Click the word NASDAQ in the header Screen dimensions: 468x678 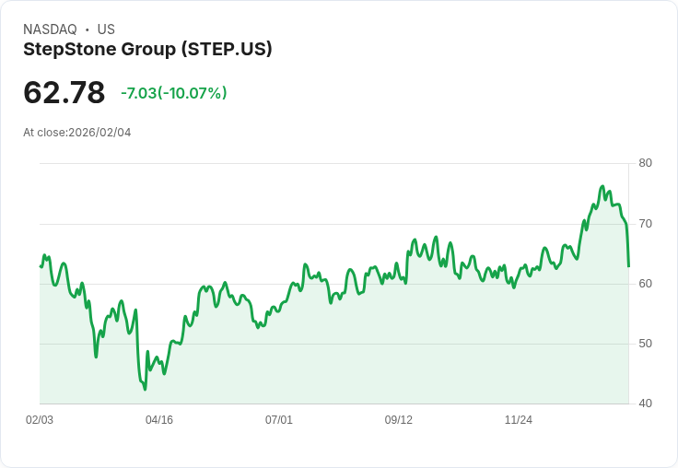tap(50, 29)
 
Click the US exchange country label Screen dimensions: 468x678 tap(106, 29)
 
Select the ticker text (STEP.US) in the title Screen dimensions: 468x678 tap(228, 50)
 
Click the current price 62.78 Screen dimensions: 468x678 tap(64, 93)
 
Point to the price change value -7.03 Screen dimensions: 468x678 tap(138, 93)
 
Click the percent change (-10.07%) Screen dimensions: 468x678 tap(193, 93)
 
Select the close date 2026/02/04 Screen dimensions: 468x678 tap(99, 133)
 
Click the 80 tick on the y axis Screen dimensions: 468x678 tap(645, 163)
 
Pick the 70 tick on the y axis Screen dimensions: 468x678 tap(645, 224)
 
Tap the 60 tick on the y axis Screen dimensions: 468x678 tap(645, 284)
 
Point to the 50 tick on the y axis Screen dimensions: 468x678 tap(645, 344)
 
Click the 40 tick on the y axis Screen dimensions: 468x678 tap(645, 404)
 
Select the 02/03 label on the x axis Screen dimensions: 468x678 tap(40, 420)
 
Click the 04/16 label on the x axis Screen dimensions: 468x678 tap(159, 420)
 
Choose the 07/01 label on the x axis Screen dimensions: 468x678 tap(279, 420)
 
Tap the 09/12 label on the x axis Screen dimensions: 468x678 tap(399, 420)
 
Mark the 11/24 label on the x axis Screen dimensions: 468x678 tap(519, 420)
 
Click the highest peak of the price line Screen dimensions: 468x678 tap(602, 186)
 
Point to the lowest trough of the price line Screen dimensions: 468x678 tap(145, 389)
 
